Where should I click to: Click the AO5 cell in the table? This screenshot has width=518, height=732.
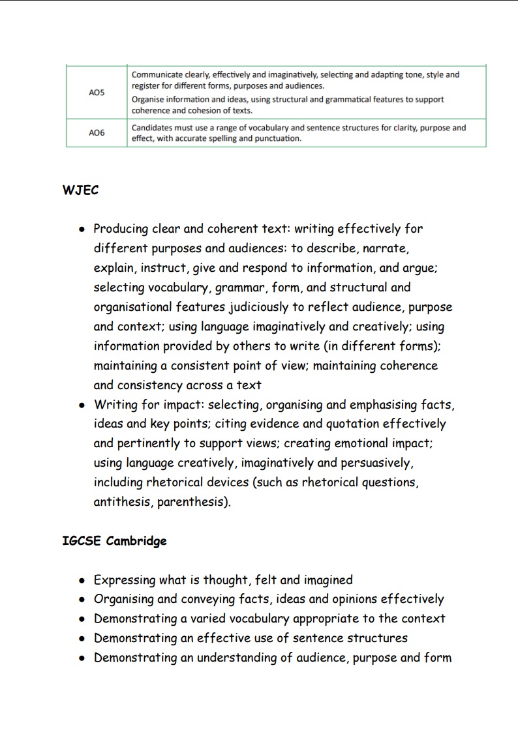[97, 93]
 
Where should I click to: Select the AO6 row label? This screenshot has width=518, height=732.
[97, 133]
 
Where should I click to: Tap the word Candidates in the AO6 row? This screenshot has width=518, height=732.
[151, 128]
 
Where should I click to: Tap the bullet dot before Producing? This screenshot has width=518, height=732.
[82, 229]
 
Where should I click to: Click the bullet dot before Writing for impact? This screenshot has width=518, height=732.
[82, 405]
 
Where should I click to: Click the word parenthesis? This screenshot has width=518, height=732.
[199, 503]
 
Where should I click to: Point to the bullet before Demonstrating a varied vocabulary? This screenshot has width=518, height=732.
[82, 619]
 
